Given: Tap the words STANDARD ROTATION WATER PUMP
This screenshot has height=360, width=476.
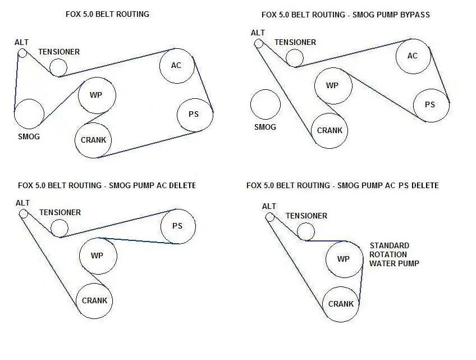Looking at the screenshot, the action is [x=394, y=254].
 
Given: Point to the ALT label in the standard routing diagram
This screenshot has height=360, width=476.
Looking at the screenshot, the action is [x=21, y=42].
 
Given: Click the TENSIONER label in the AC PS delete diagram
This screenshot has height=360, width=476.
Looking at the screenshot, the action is [x=306, y=216].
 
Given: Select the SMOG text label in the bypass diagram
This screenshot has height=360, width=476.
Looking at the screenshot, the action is [x=265, y=127].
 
